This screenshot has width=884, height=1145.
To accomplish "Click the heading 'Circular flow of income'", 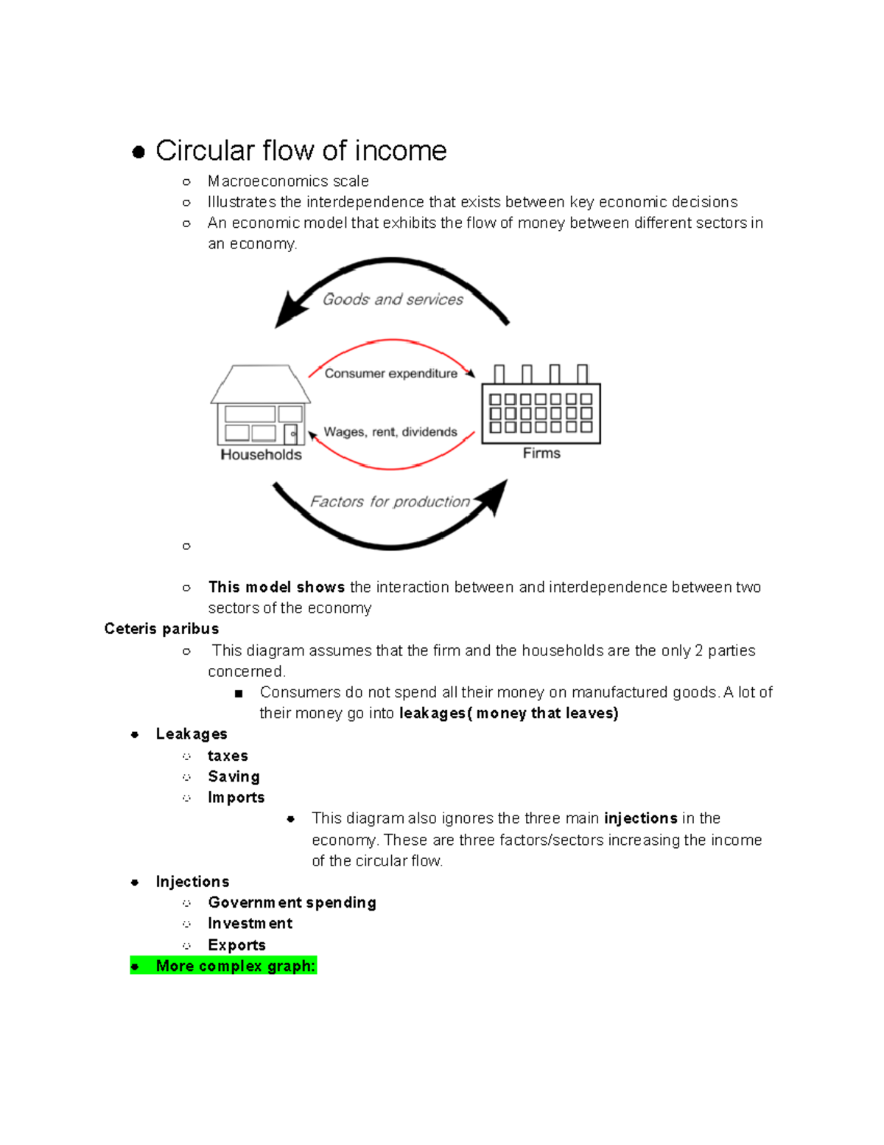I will click(301, 151).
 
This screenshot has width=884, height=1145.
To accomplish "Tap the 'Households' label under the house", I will click(261, 455).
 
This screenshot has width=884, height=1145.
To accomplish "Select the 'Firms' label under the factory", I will click(541, 453).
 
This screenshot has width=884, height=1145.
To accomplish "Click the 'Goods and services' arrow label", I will click(393, 299).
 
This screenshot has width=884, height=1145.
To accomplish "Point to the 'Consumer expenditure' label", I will click(390, 374).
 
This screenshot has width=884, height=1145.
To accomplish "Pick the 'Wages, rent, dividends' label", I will click(390, 432).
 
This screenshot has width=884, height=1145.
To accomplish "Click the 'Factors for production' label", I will click(389, 502).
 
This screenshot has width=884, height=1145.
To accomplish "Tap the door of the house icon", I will click(290, 434).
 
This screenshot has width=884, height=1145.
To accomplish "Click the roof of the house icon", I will click(260, 384).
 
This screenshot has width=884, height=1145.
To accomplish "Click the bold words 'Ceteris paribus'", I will click(161, 629).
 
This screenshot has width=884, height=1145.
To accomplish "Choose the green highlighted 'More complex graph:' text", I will click(235, 966).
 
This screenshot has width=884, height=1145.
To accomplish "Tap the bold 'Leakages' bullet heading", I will click(192, 734).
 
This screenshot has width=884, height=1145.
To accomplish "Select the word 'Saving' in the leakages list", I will click(234, 777).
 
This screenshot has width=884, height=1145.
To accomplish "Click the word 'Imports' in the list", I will click(236, 798).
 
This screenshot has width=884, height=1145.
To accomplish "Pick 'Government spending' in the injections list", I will click(292, 903).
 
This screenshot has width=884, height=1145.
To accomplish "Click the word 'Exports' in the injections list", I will click(236, 945).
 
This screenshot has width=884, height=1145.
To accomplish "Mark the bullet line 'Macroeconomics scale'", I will click(288, 181).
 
